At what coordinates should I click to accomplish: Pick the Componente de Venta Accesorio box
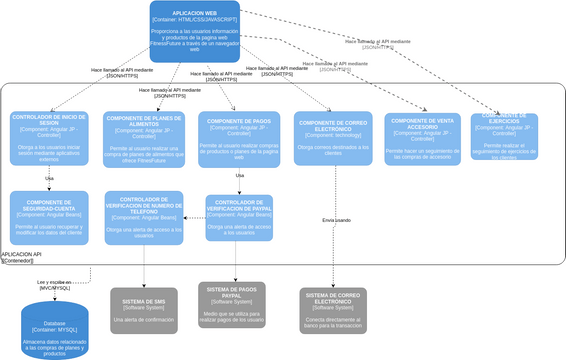click(423, 139)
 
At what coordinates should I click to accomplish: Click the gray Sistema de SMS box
click(144, 310)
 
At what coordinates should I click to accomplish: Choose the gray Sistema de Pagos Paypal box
click(232, 305)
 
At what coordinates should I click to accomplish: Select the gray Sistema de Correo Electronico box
click(334, 310)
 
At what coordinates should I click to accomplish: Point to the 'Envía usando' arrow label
click(336, 220)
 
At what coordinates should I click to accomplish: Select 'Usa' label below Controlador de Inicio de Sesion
click(49, 178)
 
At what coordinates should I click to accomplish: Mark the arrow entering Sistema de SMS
click(144, 284)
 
